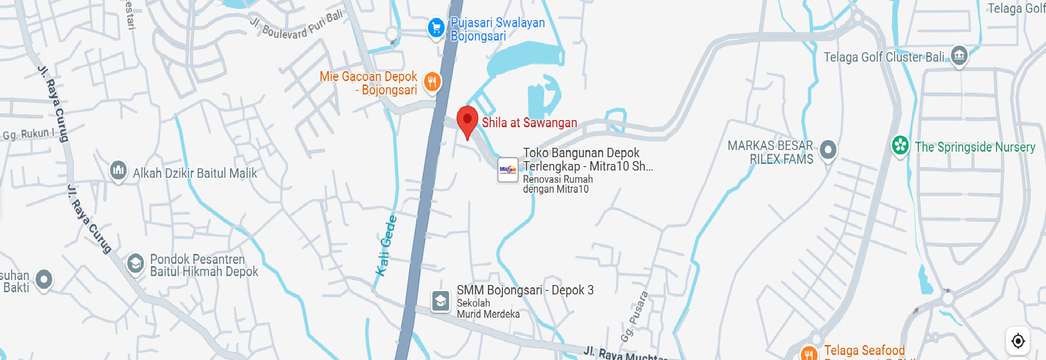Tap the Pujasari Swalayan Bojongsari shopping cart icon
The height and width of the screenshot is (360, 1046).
click(x=436, y=27)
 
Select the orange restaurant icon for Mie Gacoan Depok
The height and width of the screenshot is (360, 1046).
click(x=432, y=82)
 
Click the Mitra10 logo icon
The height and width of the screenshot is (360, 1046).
click(x=507, y=169)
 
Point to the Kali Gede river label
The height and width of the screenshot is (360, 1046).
click(x=386, y=246)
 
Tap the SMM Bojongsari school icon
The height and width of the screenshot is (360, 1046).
click(x=441, y=301)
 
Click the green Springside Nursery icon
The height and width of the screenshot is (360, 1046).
click(x=900, y=146)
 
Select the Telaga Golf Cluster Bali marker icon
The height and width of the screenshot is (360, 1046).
click(x=959, y=56)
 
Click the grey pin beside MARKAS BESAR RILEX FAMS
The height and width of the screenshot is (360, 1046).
click(x=828, y=150)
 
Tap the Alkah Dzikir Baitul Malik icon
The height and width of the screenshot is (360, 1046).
click(x=118, y=170)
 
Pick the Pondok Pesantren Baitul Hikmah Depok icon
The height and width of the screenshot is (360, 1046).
click(x=135, y=263)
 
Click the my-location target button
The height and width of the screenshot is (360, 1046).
click(x=1018, y=341)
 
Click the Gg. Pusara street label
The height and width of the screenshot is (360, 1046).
click(x=634, y=316)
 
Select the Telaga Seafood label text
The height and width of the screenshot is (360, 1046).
click(x=864, y=350)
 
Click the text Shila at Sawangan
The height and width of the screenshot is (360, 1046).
click(x=529, y=123)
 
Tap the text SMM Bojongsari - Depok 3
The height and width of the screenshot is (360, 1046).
click(x=525, y=290)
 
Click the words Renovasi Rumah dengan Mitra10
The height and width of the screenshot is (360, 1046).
click(x=557, y=184)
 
